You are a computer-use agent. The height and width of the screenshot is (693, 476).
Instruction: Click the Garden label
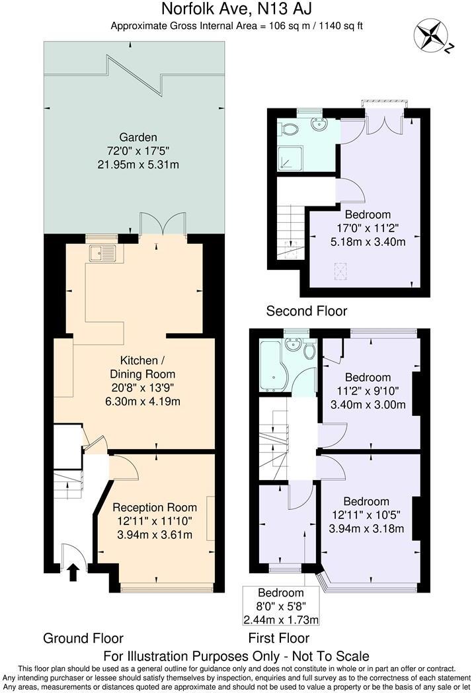138,138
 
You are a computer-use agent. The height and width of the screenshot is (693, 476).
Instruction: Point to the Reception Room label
155,507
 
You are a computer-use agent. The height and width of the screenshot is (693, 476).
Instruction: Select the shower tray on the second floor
290,159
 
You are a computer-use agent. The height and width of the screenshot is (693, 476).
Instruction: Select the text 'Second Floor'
307,311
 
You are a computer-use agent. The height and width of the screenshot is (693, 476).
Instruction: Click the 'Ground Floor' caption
83,638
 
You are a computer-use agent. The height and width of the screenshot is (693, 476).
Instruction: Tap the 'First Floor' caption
279,638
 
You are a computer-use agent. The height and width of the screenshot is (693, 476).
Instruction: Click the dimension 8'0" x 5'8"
281,606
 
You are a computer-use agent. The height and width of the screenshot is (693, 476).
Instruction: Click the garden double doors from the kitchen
163,224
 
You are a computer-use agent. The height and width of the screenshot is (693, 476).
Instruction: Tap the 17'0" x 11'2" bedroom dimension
368,228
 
